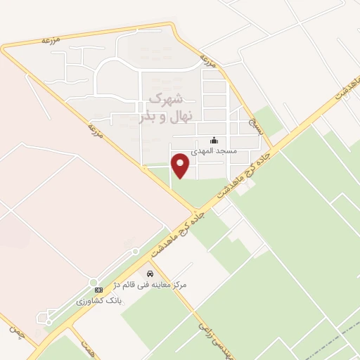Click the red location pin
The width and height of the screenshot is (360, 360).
point(181,166)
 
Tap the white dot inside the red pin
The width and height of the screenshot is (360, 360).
point(181,162)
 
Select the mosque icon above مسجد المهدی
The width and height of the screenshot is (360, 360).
point(214,141)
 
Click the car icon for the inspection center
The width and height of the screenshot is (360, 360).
point(150,273)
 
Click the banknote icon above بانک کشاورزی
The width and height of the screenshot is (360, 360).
point(98,289)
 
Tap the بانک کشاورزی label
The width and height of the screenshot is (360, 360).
point(100,300)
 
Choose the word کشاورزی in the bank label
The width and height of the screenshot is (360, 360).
point(92,300)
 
